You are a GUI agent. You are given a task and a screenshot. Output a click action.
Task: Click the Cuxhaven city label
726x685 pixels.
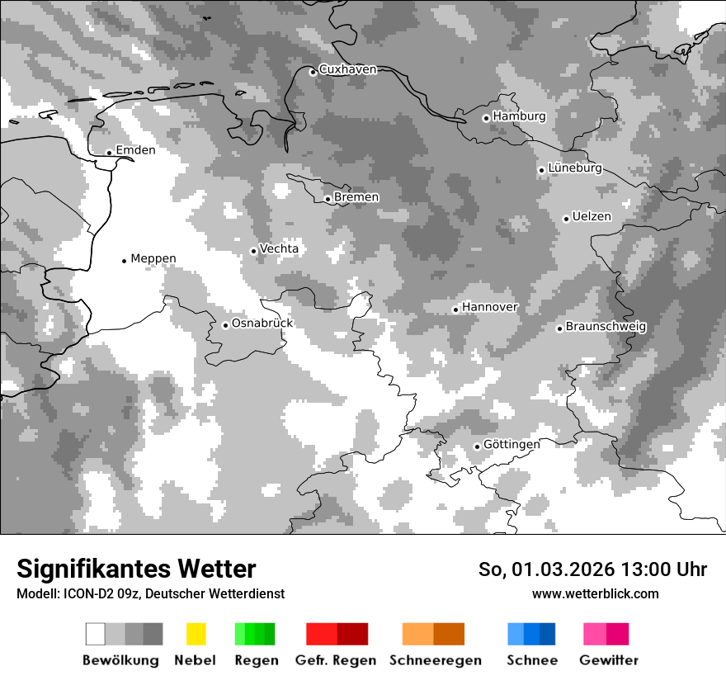click(x=347, y=70)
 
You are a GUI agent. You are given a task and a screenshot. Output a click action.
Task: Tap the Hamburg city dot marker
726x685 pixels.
click(x=486, y=118)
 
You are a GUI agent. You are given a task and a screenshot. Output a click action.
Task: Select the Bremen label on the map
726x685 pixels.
click(x=356, y=197)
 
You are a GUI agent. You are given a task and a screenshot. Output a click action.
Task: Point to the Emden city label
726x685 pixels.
click(x=135, y=150)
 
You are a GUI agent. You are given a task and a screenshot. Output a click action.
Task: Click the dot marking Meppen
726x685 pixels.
click(x=124, y=261)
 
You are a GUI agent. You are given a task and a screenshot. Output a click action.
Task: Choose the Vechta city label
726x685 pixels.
click(x=279, y=248)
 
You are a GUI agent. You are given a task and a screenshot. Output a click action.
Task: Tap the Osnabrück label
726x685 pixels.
click(x=262, y=324)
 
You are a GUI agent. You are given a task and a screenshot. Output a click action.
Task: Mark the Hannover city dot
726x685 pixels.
click(x=455, y=309)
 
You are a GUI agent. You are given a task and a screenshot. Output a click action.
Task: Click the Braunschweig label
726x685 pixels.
click(x=606, y=327)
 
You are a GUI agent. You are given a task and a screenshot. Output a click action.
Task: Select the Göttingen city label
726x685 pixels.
click(x=511, y=444)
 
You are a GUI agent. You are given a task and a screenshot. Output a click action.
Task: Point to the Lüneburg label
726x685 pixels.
click(x=575, y=168)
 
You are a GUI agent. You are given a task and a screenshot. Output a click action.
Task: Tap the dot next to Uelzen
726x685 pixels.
click(x=566, y=219)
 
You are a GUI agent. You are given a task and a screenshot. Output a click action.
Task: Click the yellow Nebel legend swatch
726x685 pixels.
click(x=196, y=634)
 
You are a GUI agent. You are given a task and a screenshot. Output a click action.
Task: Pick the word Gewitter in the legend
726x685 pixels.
click(x=609, y=660)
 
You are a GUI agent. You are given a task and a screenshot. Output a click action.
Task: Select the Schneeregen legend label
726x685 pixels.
click(x=434, y=660)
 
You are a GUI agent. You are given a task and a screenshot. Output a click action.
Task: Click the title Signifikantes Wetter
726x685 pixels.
click(x=136, y=569)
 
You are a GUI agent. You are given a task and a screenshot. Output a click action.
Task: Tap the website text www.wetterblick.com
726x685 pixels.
click(x=595, y=593)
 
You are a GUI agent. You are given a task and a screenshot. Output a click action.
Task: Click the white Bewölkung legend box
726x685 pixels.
click(x=96, y=634)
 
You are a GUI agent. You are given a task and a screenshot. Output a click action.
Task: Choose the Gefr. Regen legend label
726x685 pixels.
click(x=336, y=660)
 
